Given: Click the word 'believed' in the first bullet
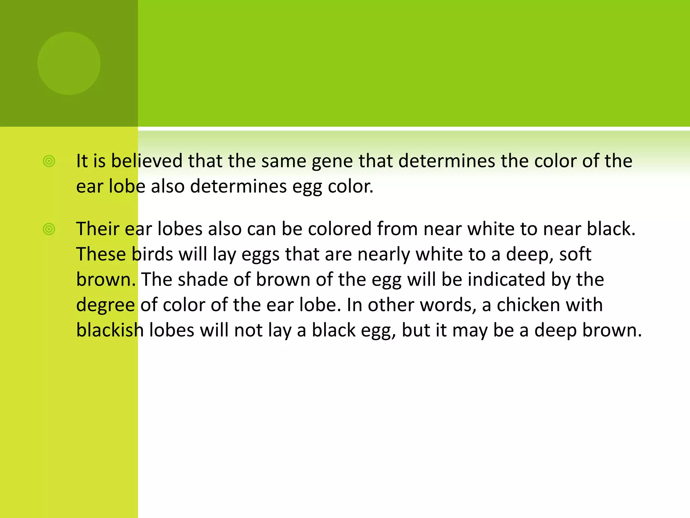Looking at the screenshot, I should [147, 161].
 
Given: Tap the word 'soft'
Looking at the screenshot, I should [575, 254].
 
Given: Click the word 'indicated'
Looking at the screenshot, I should [506, 279].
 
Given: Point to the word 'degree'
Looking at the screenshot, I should [105, 305].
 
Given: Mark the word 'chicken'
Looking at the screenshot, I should [528, 305].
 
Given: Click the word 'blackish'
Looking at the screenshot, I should [110, 330].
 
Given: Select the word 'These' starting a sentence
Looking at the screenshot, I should [101, 254].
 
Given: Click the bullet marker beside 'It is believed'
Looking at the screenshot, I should [49, 161].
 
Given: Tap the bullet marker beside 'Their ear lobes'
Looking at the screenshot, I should [49, 229].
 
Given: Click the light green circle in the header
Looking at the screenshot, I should [69, 63].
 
